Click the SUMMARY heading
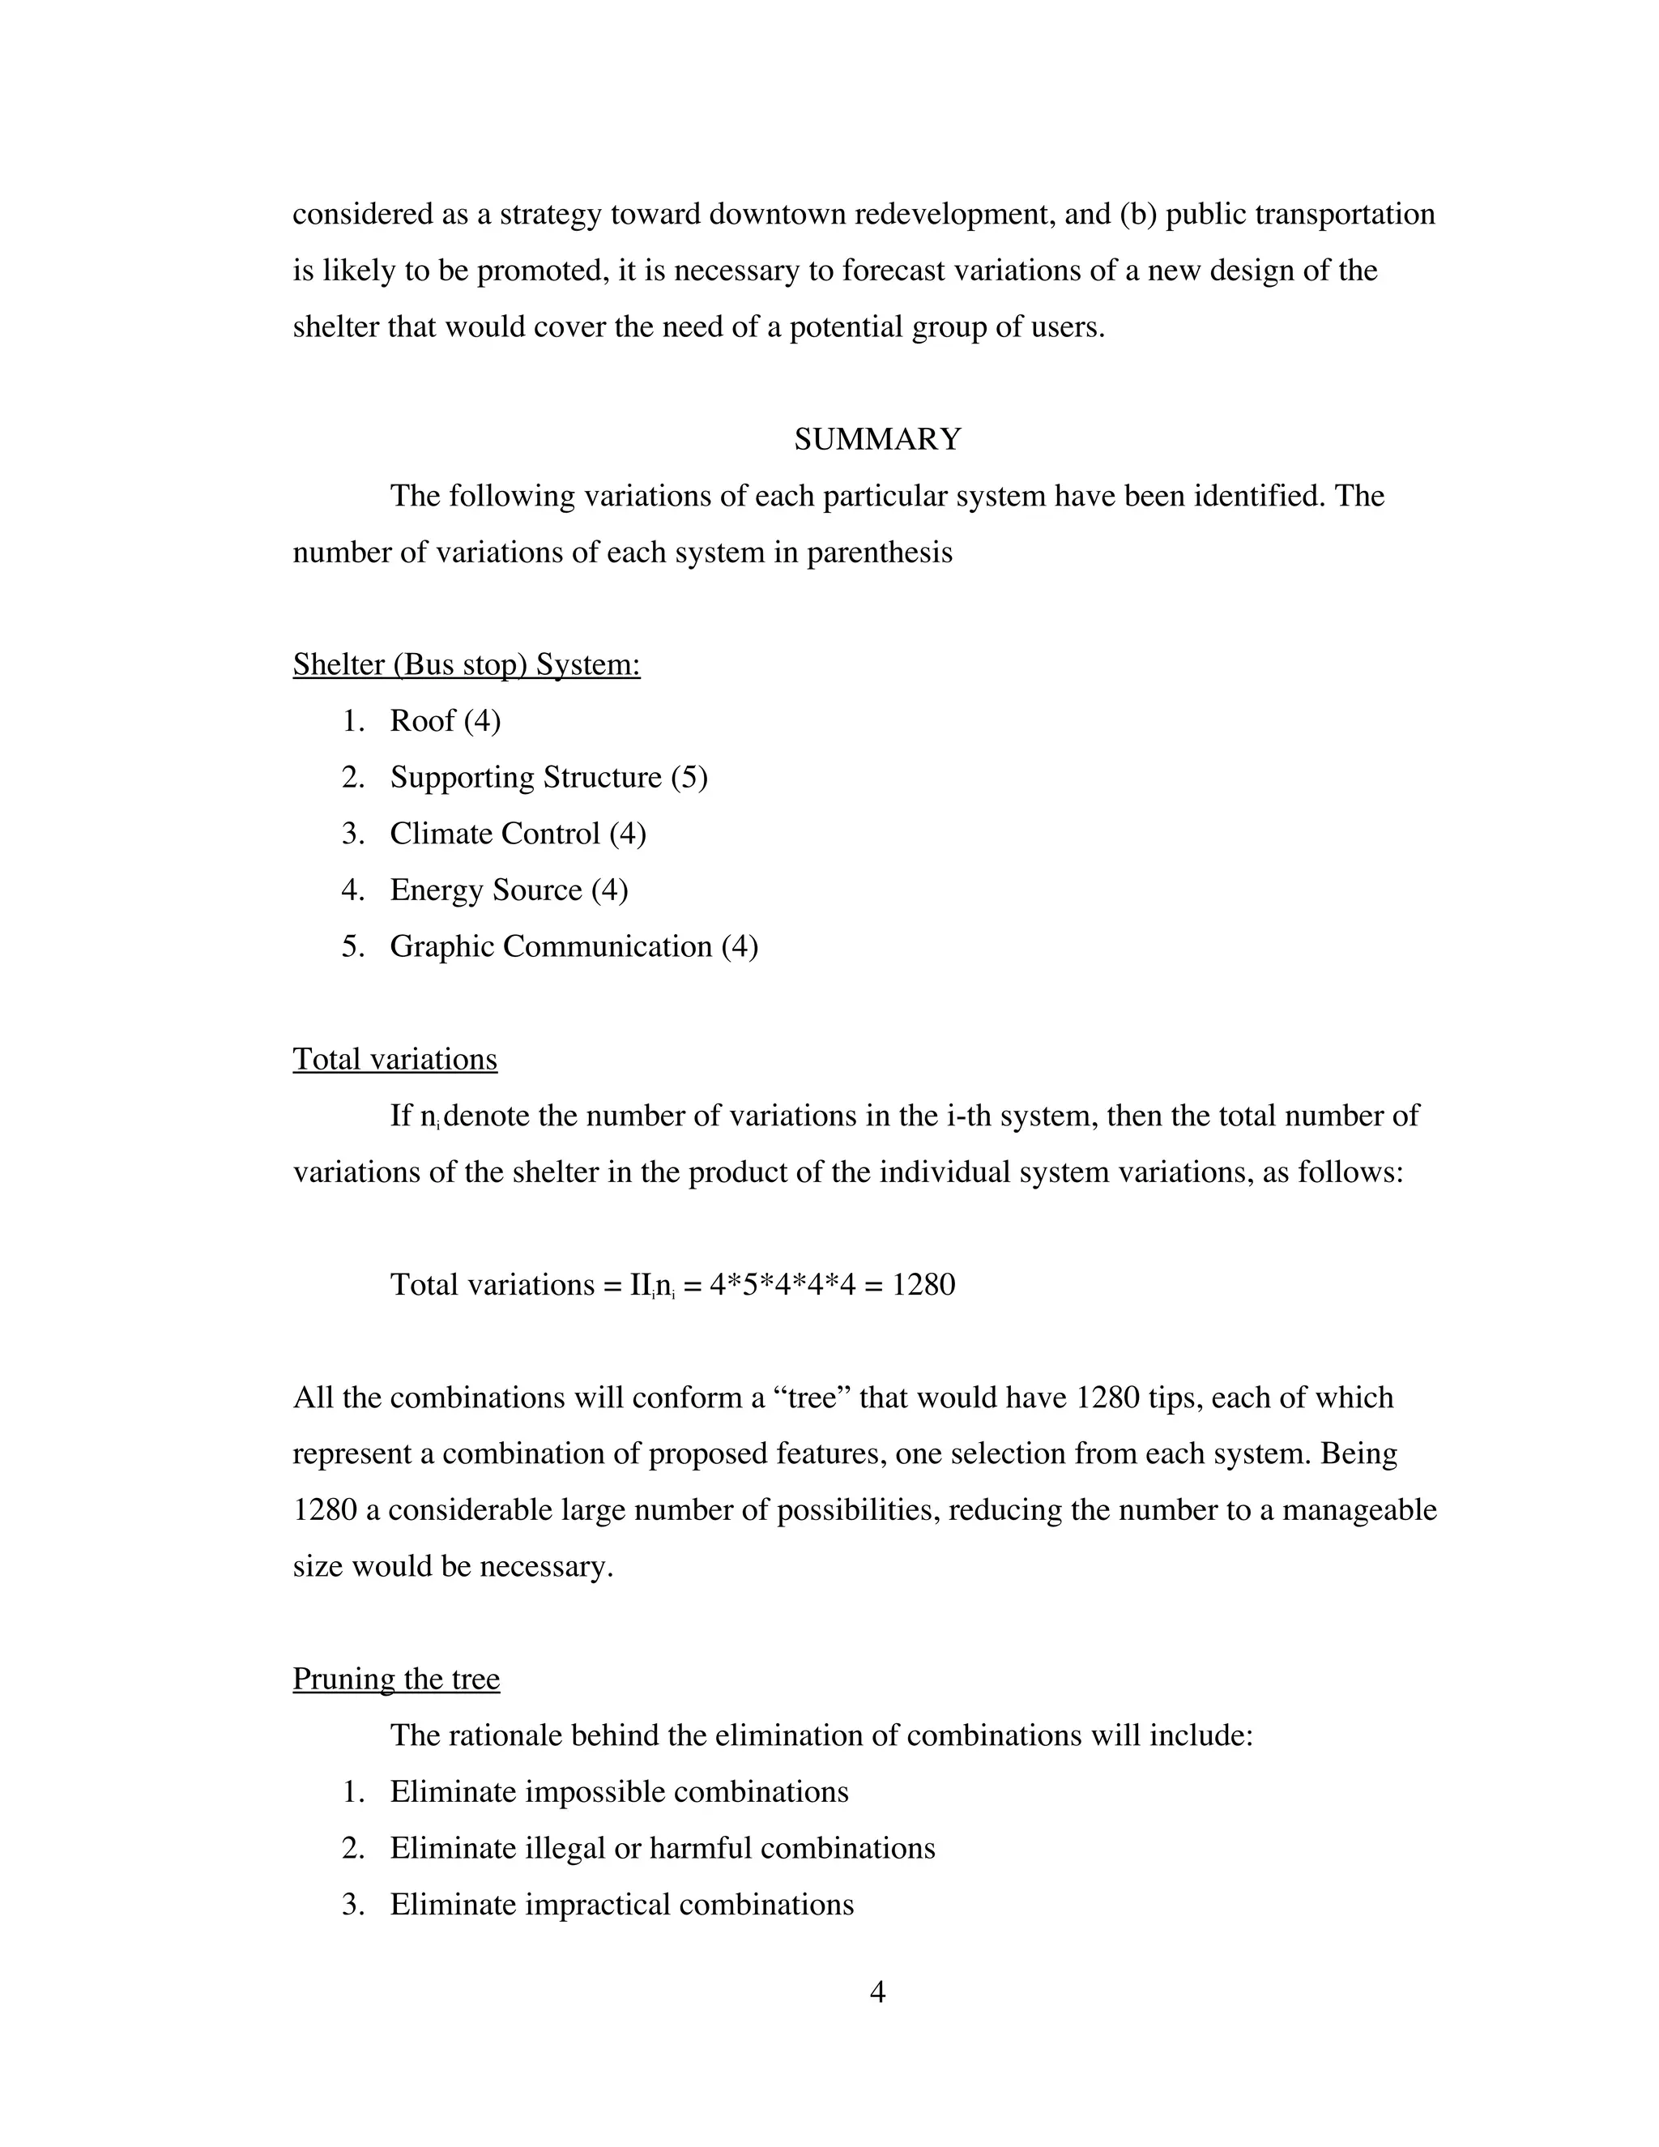(876, 439)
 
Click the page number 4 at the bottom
(877, 1991)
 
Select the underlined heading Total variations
(395, 1059)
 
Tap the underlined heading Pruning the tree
(396, 1678)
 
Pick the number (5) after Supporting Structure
(689, 778)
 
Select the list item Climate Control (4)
(517, 834)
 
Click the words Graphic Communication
(550, 946)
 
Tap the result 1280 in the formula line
(923, 1285)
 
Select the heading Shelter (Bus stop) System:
(466, 664)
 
